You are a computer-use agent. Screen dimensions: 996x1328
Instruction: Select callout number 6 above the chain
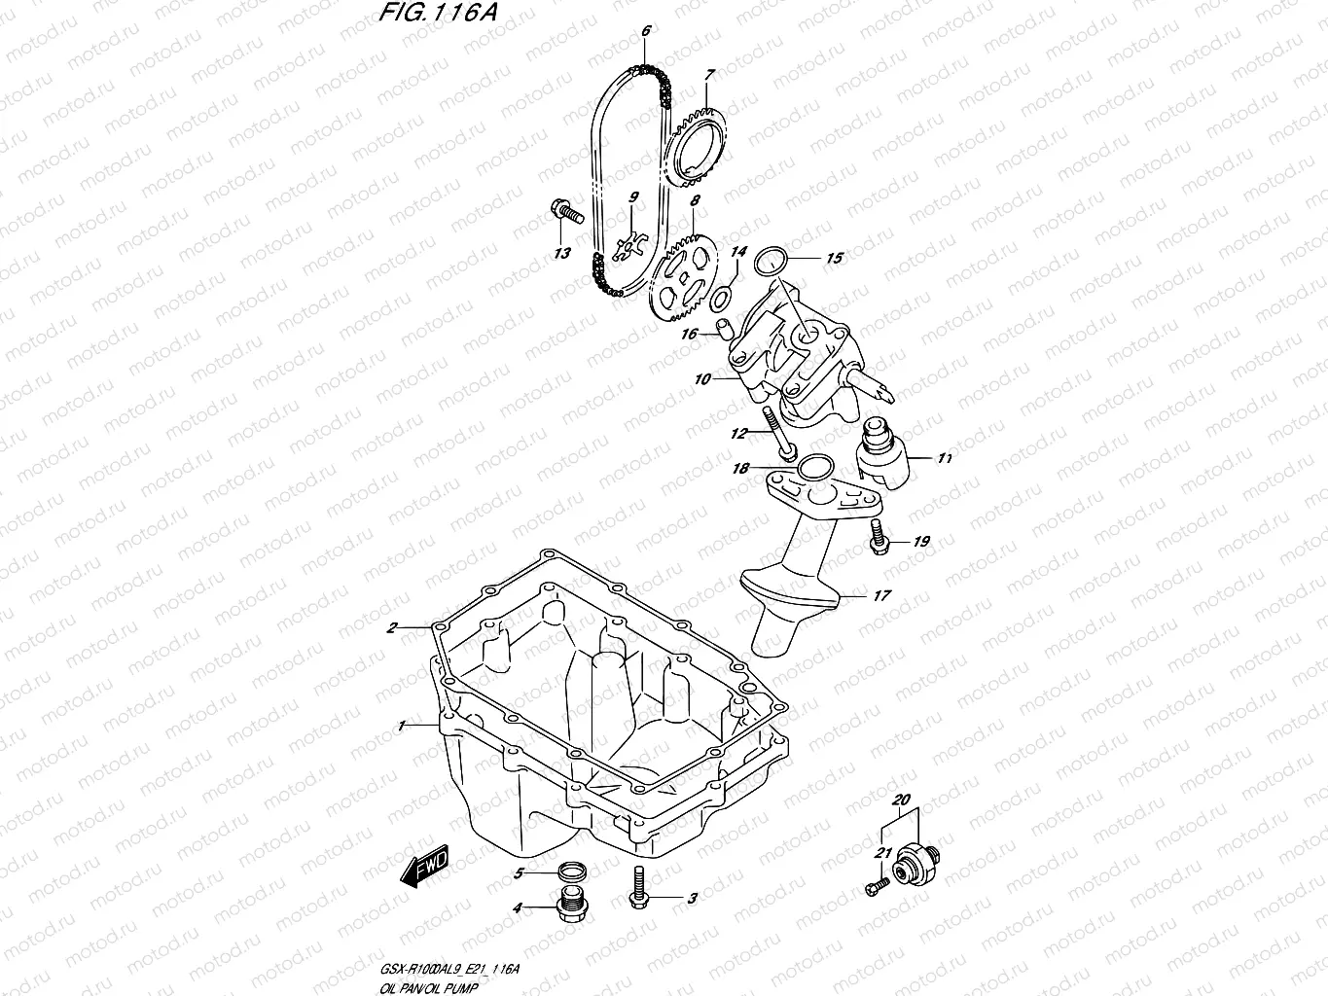[644, 31]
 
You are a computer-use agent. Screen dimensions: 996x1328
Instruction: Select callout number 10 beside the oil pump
[702, 379]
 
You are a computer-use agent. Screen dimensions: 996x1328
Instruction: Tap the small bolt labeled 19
[879, 537]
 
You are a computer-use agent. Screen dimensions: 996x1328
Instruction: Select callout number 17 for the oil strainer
[880, 595]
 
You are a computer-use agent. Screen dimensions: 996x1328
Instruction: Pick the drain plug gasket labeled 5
[575, 871]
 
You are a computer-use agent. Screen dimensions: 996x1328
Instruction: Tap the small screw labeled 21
[877, 885]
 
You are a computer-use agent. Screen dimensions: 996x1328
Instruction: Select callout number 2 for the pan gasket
[391, 628]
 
